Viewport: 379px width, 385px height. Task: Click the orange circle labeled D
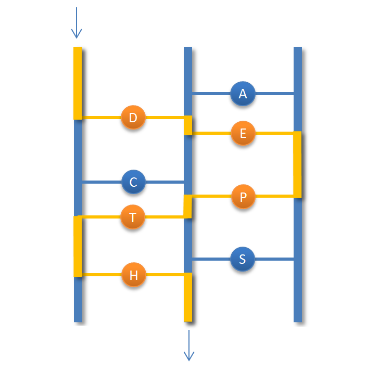point(133,118)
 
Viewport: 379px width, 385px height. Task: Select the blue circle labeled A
point(243,94)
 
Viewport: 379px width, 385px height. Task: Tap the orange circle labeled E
point(243,134)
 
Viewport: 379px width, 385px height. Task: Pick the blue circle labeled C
point(133,182)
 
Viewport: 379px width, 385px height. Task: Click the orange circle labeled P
point(243,197)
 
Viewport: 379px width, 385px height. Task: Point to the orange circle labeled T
point(133,217)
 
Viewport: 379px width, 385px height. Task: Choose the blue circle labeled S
point(243,259)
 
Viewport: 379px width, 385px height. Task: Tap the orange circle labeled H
point(133,275)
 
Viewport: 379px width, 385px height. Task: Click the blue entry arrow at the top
point(77,23)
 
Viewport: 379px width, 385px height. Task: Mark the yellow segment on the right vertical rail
point(297,165)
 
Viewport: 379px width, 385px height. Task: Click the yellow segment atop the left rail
point(78,83)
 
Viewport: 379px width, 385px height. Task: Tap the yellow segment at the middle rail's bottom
point(188,298)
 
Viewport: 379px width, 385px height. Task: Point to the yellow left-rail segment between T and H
point(78,246)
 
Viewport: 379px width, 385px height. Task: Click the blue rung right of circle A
point(274,94)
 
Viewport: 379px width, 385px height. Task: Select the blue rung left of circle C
point(102,182)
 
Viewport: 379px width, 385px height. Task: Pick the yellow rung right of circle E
point(274,134)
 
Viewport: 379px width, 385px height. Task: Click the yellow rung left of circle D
point(102,118)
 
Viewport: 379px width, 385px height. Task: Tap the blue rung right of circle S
point(274,259)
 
